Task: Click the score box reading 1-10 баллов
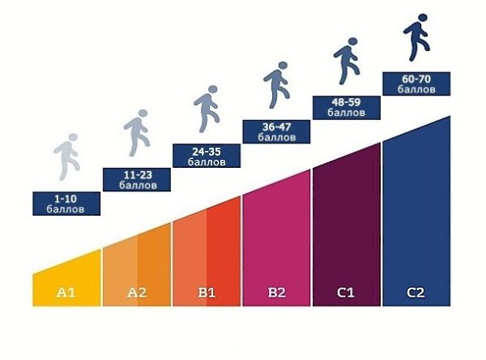[67, 203]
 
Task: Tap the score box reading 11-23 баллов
[137, 179]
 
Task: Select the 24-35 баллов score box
[207, 156]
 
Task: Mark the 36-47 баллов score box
[276, 131]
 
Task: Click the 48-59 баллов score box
[346, 108]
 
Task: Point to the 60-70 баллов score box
[416, 84]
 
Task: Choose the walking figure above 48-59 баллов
[346, 62]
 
